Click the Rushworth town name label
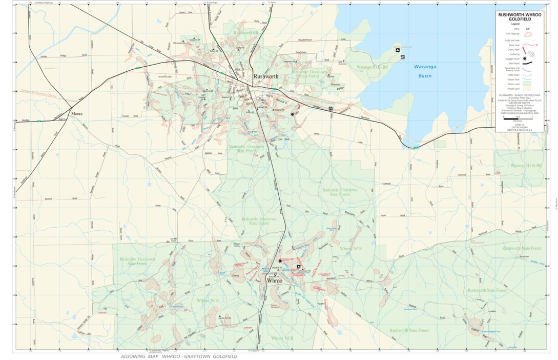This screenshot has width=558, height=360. (x=266, y=76)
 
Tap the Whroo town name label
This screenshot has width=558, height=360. (x=275, y=281)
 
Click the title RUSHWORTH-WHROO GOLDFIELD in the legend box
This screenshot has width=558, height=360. (x=520, y=17)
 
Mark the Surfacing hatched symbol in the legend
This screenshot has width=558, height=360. (x=531, y=53)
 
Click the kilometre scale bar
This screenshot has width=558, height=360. (x=518, y=119)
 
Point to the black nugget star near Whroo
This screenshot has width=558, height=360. (x=280, y=261)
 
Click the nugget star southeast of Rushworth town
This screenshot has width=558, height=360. (x=293, y=114)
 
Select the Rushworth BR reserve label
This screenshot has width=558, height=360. (x=245, y=33)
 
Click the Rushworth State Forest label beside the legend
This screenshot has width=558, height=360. (x=522, y=248)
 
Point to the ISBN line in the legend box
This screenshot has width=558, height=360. (x=519, y=130)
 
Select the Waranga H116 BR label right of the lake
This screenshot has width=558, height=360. (x=525, y=166)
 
